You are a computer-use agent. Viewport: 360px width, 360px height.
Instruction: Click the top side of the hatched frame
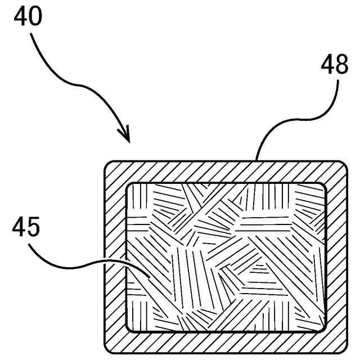click(x=225, y=171)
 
